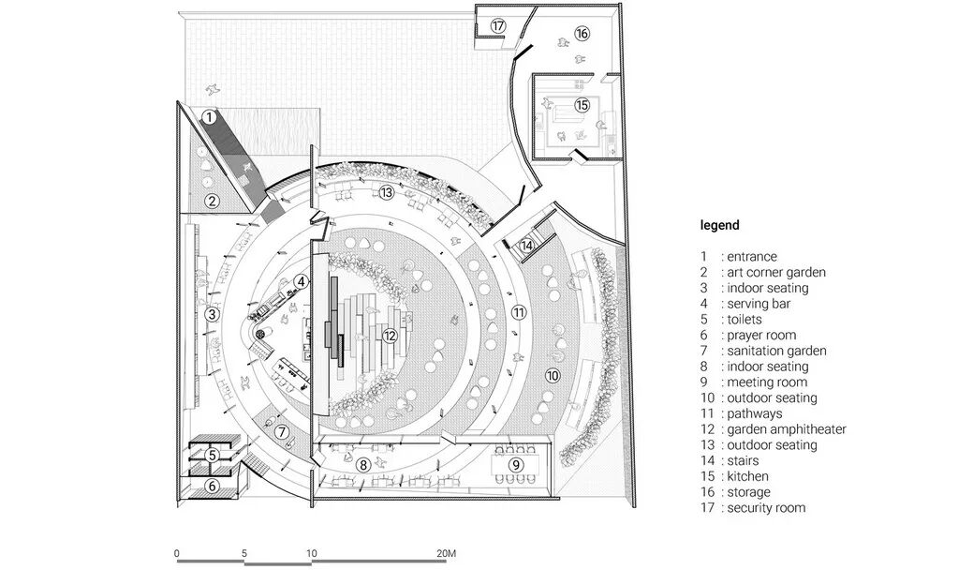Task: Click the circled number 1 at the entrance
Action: coord(209,118)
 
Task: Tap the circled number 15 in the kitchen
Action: coord(582,105)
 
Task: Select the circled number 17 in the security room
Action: coord(498,25)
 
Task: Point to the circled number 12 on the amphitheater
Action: coord(391,335)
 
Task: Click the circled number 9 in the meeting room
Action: coord(515,464)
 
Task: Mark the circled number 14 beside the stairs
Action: coord(527,246)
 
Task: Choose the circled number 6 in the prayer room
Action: coord(213,486)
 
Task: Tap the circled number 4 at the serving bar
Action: coord(300,280)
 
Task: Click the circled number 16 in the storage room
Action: coord(582,34)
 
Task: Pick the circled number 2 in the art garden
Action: coord(213,200)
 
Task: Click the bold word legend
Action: coord(719,225)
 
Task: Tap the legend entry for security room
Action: coord(765,508)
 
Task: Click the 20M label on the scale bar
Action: coord(445,553)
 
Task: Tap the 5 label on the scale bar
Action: coord(244,553)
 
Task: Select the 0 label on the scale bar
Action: coord(177,553)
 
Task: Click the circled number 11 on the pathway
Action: coord(518,311)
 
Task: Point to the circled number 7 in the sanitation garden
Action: coord(282,432)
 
